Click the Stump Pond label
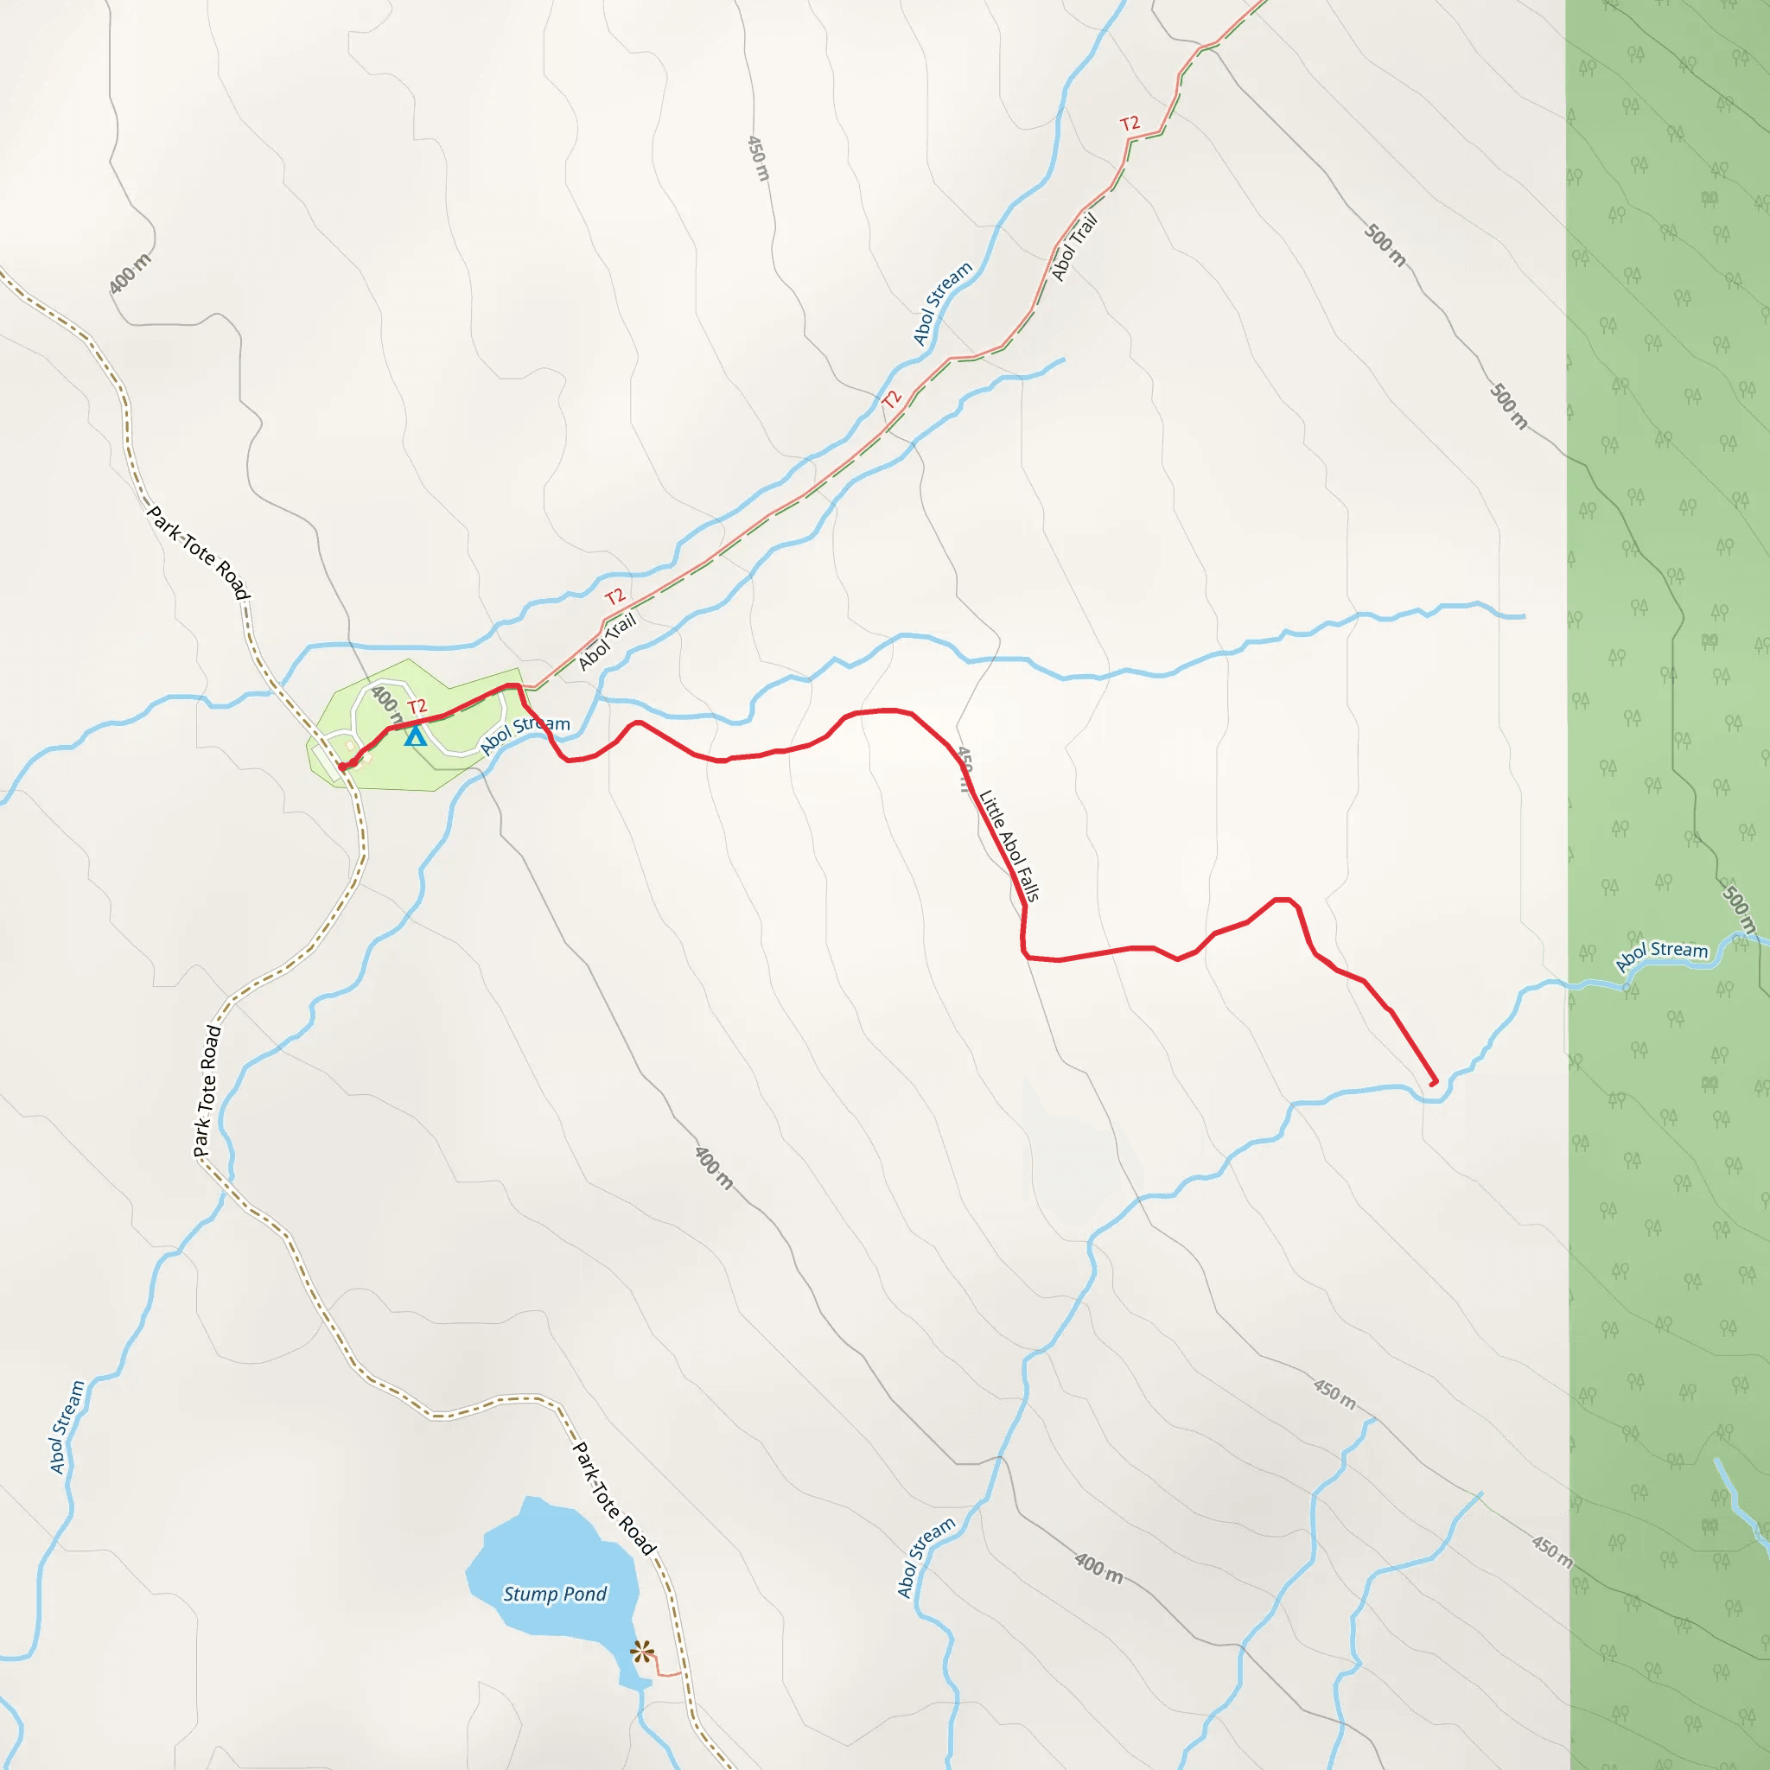pyautogui.click(x=554, y=1594)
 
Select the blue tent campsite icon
pyautogui.click(x=415, y=735)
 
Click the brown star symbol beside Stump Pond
pyautogui.click(x=642, y=1652)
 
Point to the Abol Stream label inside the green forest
pyautogui.click(x=1661, y=956)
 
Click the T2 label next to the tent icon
pyautogui.click(x=417, y=706)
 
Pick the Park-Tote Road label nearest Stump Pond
pyautogui.click(x=613, y=1499)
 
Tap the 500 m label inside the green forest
pyautogui.click(x=1737, y=909)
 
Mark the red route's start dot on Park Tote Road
pyautogui.click(x=342, y=767)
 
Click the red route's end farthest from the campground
pyautogui.click(x=1434, y=1082)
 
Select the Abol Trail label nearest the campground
pyautogui.click(x=607, y=641)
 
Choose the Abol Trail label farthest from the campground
pyautogui.click(x=1073, y=246)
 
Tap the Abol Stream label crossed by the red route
pyautogui.click(x=524, y=735)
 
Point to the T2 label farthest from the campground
pyautogui.click(x=1130, y=123)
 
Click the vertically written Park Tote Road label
pyautogui.click(x=207, y=1090)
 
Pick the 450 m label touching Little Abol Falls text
pyautogui.click(x=964, y=767)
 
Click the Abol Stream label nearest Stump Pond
pyautogui.click(x=926, y=1557)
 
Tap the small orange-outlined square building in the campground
pyautogui.click(x=350, y=746)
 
